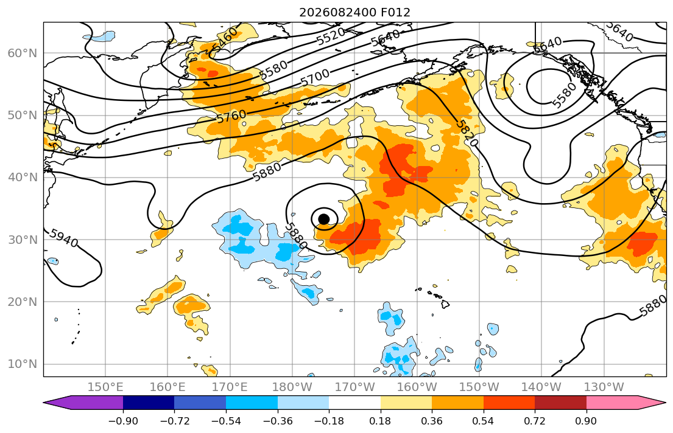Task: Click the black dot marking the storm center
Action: (x=324, y=219)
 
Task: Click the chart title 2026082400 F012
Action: (x=354, y=12)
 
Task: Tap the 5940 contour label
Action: (x=63, y=238)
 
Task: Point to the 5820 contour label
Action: (x=466, y=133)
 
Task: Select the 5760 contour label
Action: (x=231, y=117)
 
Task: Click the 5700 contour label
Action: (x=315, y=78)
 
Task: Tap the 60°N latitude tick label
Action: (x=23, y=53)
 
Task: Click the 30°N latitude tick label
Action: (x=23, y=240)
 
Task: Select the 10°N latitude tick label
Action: (x=23, y=364)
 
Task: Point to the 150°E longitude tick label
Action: (x=105, y=387)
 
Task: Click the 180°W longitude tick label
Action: (x=292, y=387)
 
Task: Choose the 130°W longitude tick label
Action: (x=604, y=387)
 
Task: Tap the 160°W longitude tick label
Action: (x=417, y=387)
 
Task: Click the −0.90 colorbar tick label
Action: (x=123, y=421)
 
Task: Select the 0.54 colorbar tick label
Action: (x=484, y=421)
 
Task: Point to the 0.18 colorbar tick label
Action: (x=380, y=421)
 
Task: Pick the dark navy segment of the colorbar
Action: (x=149, y=403)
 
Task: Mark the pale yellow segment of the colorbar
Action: (x=406, y=403)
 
